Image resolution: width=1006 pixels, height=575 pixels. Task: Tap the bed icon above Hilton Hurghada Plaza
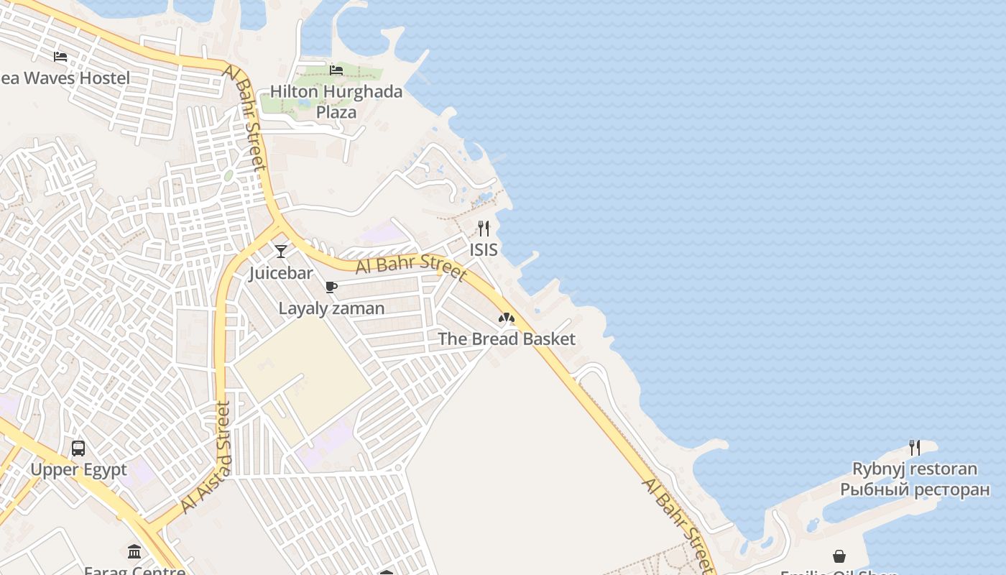336,70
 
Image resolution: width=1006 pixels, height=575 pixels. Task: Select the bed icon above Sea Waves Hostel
60,56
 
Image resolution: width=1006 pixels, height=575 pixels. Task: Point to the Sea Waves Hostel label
65,78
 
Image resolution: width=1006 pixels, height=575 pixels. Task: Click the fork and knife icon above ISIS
484,229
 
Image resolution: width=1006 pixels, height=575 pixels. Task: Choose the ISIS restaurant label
484,250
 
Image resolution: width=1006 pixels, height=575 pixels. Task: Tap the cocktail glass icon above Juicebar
281,251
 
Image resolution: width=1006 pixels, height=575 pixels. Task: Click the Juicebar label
281,273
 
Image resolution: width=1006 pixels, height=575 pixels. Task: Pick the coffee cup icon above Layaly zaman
331,287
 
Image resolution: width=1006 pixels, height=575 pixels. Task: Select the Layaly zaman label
331,308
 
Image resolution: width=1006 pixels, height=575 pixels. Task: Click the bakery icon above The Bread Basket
507,317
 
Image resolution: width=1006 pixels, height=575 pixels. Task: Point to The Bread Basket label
507,339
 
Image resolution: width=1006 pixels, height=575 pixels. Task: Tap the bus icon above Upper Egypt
78,448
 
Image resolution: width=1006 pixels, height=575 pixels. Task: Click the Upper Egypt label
78,470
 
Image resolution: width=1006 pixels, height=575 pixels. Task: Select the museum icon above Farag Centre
134,551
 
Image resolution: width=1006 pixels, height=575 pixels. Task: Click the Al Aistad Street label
207,457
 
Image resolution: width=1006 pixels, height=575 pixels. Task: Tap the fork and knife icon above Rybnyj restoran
915,447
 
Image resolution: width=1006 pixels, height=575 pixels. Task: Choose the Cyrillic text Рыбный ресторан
915,490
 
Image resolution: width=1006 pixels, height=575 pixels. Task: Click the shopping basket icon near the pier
839,556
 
